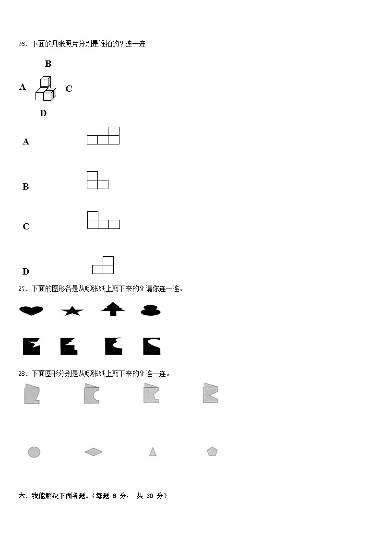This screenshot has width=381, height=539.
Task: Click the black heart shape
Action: point(31,311)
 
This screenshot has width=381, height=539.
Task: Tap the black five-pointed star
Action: point(72,311)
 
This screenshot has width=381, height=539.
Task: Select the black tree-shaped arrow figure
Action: point(113,309)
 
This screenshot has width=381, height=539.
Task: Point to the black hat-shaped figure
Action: point(151,310)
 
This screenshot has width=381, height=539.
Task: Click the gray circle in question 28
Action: point(34,452)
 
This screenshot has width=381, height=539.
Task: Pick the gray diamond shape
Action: point(94,452)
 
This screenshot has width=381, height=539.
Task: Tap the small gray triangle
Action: point(153,451)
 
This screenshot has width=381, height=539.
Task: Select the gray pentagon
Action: point(212,451)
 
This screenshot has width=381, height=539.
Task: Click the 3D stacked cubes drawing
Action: point(46,89)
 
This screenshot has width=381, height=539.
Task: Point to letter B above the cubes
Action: point(48,64)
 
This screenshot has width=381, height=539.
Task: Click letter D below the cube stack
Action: point(43,113)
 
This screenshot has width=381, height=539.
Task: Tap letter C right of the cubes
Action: point(69,89)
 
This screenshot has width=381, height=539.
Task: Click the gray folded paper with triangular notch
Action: point(210,393)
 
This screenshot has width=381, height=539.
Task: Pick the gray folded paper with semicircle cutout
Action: point(91,394)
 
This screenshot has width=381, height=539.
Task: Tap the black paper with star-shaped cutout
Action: point(31,346)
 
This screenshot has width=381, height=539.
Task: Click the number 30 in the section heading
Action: point(150,496)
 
